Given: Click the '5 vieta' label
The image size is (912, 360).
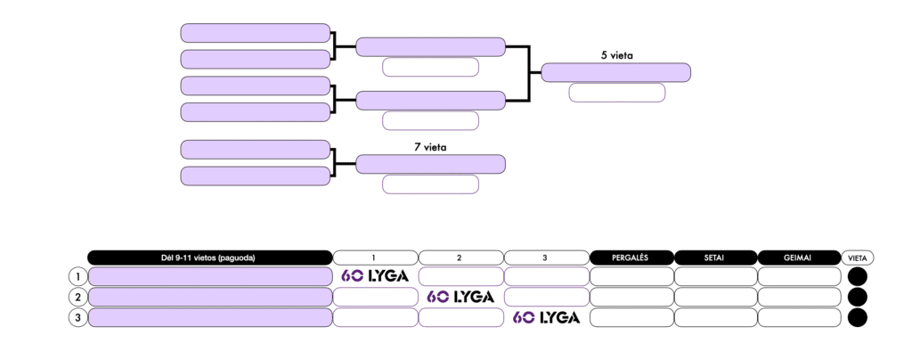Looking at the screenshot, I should click(x=616, y=55).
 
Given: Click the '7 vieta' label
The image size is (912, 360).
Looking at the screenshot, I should click(x=430, y=146).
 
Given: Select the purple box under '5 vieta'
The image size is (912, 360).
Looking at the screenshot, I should click(x=616, y=72).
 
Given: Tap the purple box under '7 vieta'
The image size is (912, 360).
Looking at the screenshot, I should click(x=430, y=164).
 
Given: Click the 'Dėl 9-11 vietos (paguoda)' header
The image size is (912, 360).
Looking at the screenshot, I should click(x=209, y=258).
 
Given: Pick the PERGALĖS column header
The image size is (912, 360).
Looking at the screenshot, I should click(x=631, y=258).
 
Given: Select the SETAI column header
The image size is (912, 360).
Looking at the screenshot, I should click(x=715, y=258).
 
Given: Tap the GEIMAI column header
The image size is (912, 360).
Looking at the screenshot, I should click(x=799, y=258).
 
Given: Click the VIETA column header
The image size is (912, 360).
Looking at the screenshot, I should click(x=859, y=258).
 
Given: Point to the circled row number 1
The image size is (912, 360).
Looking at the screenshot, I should click(x=78, y=276).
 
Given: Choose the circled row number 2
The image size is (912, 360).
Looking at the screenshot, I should click(x=78, y=297).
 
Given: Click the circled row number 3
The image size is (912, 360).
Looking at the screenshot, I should click(x=78, y=317).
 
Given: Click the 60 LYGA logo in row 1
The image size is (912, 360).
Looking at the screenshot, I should click(x=375, y=276).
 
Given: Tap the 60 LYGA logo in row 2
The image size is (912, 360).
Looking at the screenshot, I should click(x=460, y=297).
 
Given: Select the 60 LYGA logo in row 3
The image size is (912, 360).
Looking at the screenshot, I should click(x=546, y=317).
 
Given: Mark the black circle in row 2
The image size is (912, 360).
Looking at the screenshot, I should click(x=858, y=297).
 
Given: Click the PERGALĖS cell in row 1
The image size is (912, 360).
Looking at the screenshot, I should click(x=631, y=276).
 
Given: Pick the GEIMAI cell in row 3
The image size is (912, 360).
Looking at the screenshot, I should click(x=799, y=317).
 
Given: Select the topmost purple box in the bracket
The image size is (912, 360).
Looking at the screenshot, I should click(x=256, y=33).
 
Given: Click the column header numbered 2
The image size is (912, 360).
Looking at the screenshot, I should click(x=460, y=258).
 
